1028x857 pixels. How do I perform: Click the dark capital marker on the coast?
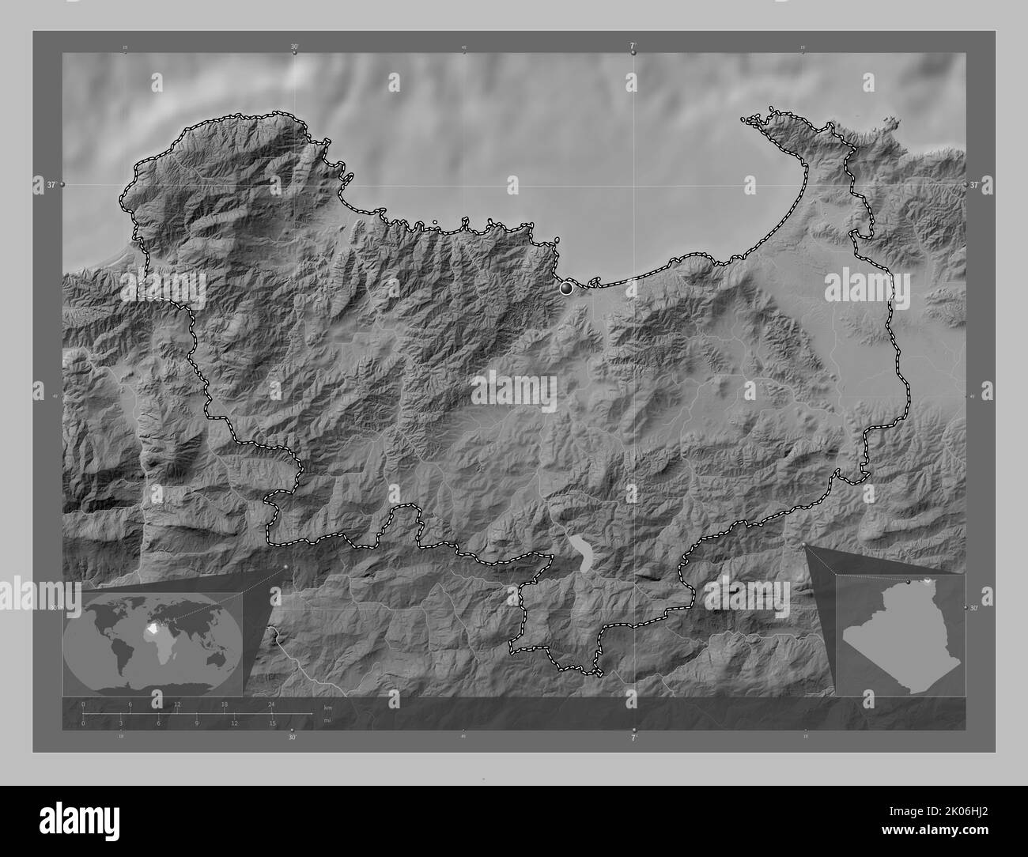pyautogui.click(x=565, y=289)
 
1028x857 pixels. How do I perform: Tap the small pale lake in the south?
pyautogui.click(x=583, y=553)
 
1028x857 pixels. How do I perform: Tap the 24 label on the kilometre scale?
pyautogui.click(x=271, y=704)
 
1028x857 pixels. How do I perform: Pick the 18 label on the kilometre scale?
pyautogui.click(x=225, y=704)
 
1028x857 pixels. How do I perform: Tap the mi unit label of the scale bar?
pyautogui.click(x=327, y=719)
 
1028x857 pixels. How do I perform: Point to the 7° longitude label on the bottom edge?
pyautogui.click(x=633, y=738)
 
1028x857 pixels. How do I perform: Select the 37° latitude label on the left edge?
pyautogui.click(x=51, y=184)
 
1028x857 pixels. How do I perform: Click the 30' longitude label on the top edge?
pyautogui.click(x=293, y=47)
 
